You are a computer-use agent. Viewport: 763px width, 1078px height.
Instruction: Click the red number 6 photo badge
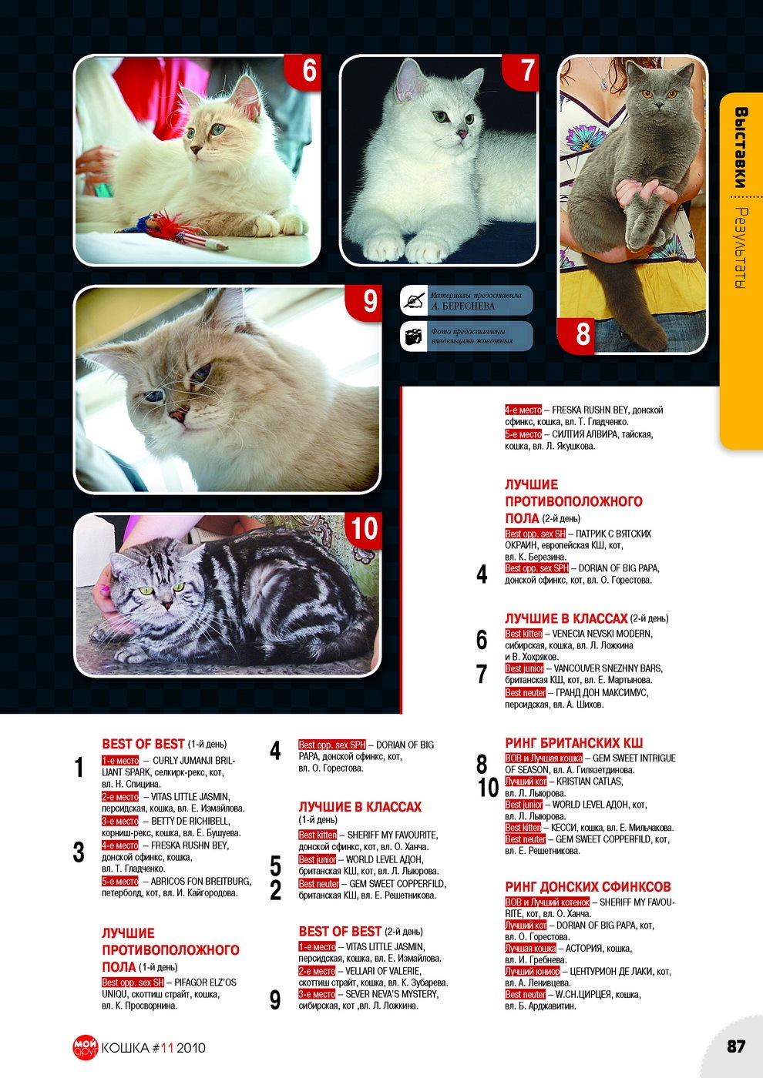pos(303,71)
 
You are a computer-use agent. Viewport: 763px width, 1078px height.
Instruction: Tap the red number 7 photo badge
pos(521,71)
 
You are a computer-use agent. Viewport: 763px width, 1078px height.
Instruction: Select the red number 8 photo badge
pos(576,336)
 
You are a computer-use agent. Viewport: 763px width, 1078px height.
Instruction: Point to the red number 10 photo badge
pos(364,530)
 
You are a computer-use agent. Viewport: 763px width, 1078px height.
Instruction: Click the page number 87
pos(736,1046)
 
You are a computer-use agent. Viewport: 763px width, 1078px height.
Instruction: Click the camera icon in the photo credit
pos(413,336)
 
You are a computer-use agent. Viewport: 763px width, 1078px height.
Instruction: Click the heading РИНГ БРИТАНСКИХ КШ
pos(573,742)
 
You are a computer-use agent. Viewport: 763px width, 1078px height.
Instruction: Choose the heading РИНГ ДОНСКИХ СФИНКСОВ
pos(587,886)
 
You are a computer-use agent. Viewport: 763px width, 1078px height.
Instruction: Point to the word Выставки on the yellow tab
pos(741,147)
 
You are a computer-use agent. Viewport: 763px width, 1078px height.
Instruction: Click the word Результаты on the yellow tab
pos(741,248)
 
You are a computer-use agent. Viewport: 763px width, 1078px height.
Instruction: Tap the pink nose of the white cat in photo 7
pos(462,133)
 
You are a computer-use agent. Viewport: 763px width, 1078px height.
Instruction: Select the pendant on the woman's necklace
pos(603,85)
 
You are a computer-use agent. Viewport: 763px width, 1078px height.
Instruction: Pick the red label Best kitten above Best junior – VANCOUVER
pos(523,634)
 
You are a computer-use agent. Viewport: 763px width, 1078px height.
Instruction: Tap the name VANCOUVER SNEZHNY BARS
pos(608,668)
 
